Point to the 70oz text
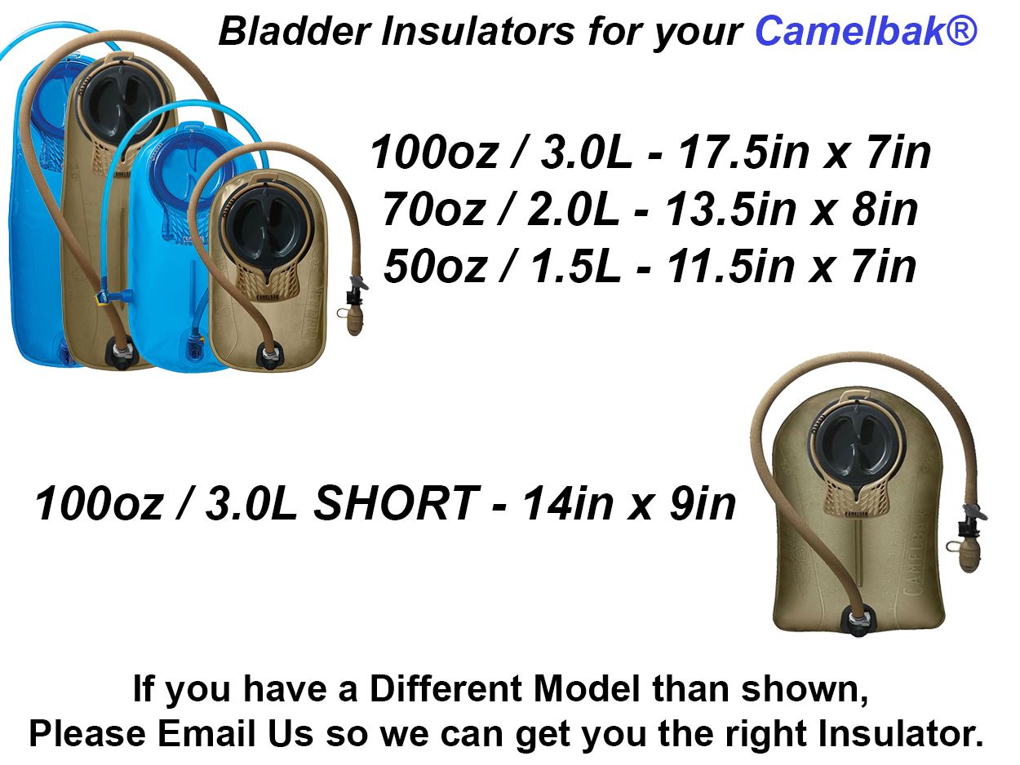(433, 210)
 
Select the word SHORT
(395, 504)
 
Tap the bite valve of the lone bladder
(969, 555)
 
